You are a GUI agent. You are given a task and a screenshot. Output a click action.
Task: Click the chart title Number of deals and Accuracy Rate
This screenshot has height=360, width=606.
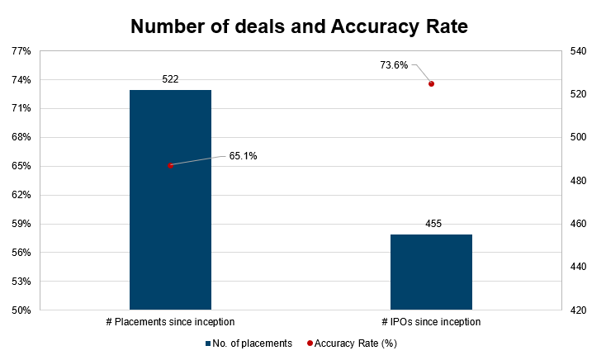[x=299, y=26]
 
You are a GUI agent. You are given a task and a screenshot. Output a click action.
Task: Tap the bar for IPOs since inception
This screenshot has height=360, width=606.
[x=431, y=272]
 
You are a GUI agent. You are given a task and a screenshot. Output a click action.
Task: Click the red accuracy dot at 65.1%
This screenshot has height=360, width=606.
[x=171, y=165]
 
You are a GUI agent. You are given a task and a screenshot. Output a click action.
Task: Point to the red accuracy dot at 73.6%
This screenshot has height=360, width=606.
[x=431, y=83]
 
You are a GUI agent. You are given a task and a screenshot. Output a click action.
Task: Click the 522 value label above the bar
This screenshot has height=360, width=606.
[x=170, y=79]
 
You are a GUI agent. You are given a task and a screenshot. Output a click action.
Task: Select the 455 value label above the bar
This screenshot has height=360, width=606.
[x=431, y=224]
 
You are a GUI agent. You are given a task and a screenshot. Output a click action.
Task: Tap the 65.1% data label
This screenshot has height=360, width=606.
[x=243, y=155]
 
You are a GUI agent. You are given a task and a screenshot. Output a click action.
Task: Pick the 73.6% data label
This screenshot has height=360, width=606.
[x=395, y=65]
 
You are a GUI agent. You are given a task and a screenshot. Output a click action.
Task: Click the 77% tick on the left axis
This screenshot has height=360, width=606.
[x=21, y=51]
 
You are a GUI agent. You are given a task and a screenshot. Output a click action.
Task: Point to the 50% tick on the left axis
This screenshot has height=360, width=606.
[x=21, y=310]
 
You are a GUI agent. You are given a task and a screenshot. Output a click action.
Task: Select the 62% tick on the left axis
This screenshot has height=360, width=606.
[x=21, y=195]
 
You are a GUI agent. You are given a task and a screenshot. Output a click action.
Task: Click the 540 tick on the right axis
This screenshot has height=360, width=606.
[x=578, y=51]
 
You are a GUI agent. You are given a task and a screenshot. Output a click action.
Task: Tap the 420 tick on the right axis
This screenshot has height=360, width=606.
[x=578, y=310]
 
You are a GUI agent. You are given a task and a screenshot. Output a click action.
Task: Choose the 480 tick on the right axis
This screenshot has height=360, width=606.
[x=578, y=181]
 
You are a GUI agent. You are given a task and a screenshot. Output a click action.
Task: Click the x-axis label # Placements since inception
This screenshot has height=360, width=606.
[x=170, y=321]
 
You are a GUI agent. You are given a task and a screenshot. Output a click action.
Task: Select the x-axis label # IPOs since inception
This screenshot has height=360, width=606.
[x=431, y=321]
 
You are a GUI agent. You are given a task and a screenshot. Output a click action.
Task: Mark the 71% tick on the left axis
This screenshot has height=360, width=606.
[x=21, y=109]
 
